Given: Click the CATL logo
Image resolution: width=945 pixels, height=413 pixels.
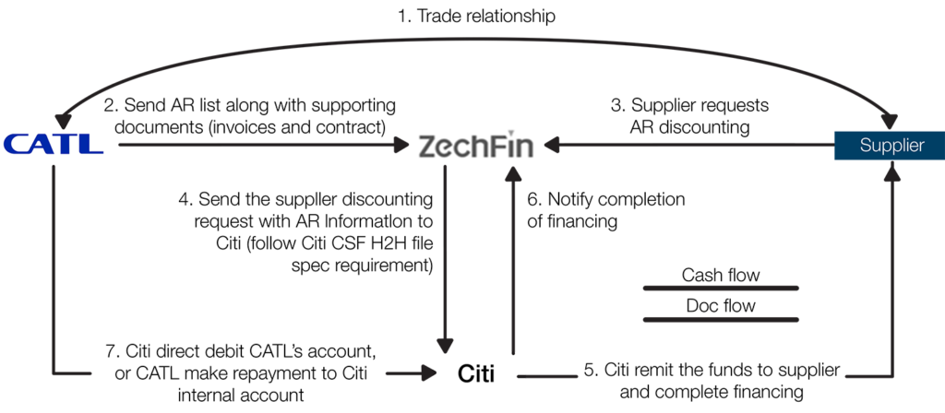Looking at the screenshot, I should [54, 144].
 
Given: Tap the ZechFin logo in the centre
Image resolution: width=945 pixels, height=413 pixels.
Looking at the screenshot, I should [475, 145].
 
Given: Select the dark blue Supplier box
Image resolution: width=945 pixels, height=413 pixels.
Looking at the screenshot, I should [890, 145].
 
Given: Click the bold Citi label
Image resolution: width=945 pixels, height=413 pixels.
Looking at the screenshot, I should [476, 374].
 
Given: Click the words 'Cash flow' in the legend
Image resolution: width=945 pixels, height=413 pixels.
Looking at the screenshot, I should [720, 275].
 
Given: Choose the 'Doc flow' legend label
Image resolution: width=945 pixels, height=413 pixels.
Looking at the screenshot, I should [720, 306].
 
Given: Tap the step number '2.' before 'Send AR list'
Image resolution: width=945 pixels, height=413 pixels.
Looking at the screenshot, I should [110, 103].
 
